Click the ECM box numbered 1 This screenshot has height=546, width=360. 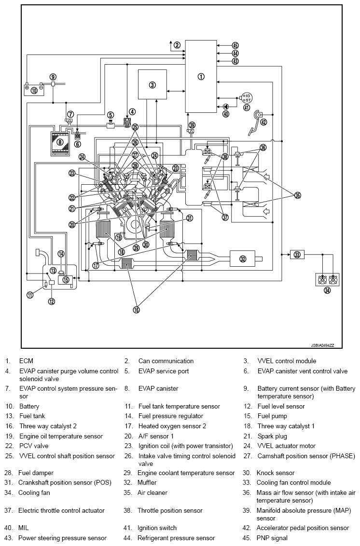[x=201, y=76]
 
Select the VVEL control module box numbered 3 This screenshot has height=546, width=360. [x=152, y=85]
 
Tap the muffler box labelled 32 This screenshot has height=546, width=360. [x=243, y=259]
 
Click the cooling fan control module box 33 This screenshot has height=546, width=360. [x=297, y=254]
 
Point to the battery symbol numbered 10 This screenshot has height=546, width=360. [x=34, y=90]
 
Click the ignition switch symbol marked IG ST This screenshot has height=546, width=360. [x=247, y=98]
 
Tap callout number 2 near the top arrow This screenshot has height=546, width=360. [x=177, y=45]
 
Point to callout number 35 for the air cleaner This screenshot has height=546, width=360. [x=298, y=195]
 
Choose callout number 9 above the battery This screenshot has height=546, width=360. [x=53, y=77]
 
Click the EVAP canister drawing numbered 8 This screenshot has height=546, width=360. [x=60, y=142]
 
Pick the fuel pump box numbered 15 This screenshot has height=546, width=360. [x=66, y=279]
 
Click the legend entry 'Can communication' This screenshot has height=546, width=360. [x=166, y=361]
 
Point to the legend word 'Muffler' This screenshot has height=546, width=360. [x=147, y=482]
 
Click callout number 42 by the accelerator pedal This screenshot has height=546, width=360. [x=263, y=122]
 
